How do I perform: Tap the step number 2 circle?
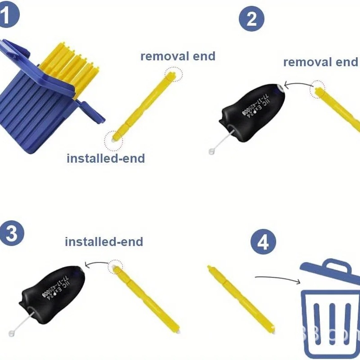point(251,19)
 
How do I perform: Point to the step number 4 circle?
point(263,243)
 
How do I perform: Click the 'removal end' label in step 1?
point(178,56)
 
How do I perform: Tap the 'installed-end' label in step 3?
point(104,242)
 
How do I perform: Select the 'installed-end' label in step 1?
point(105,159)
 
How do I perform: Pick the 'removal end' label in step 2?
point(321,62)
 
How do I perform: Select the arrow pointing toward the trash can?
point(277,279)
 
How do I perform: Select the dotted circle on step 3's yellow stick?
point(115,267)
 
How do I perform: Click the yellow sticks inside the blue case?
point(72,65)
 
